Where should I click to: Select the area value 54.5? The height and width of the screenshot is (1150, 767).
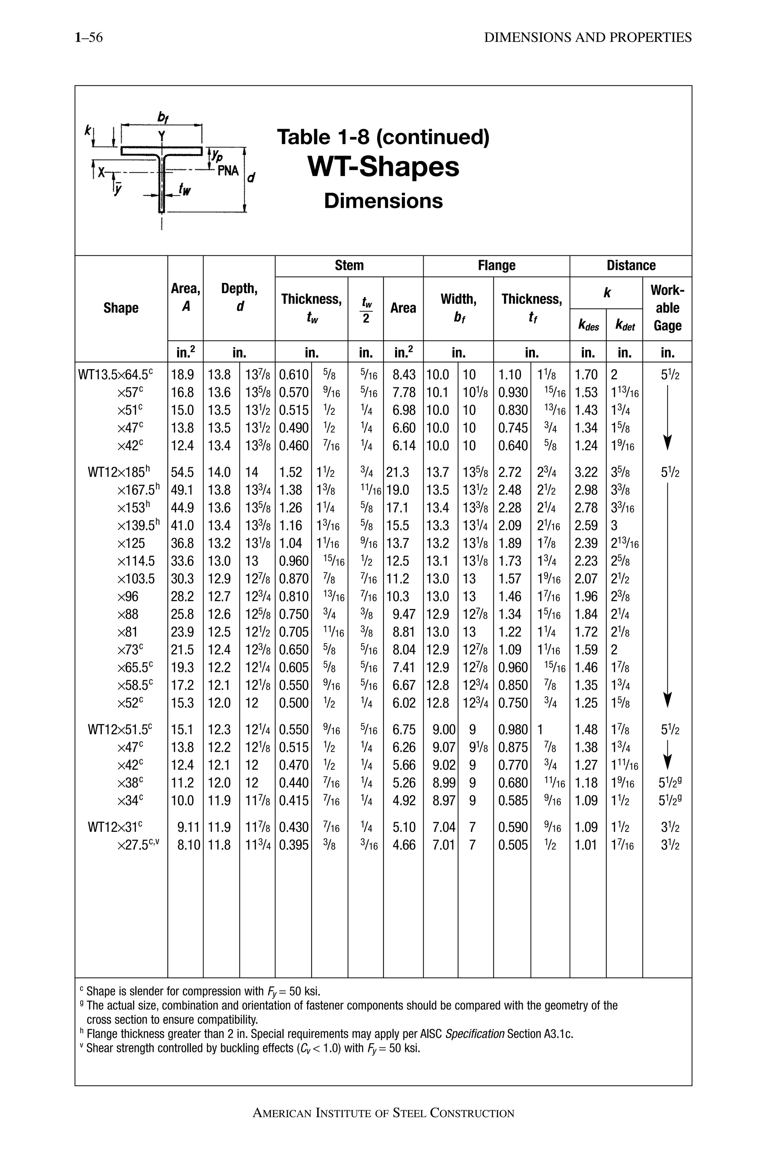pyautogui.click(x=182, y=472)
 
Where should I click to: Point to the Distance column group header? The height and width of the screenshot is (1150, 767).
pyautogui.click(x=631, y=265)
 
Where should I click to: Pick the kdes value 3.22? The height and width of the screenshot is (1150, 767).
pyautogui.click(x=586, y=472)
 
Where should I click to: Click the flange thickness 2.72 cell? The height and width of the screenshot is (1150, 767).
pyautogui.click(x=510, y=472)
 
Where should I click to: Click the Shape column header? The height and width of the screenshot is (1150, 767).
pyautogui.click(x=121, y=308)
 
